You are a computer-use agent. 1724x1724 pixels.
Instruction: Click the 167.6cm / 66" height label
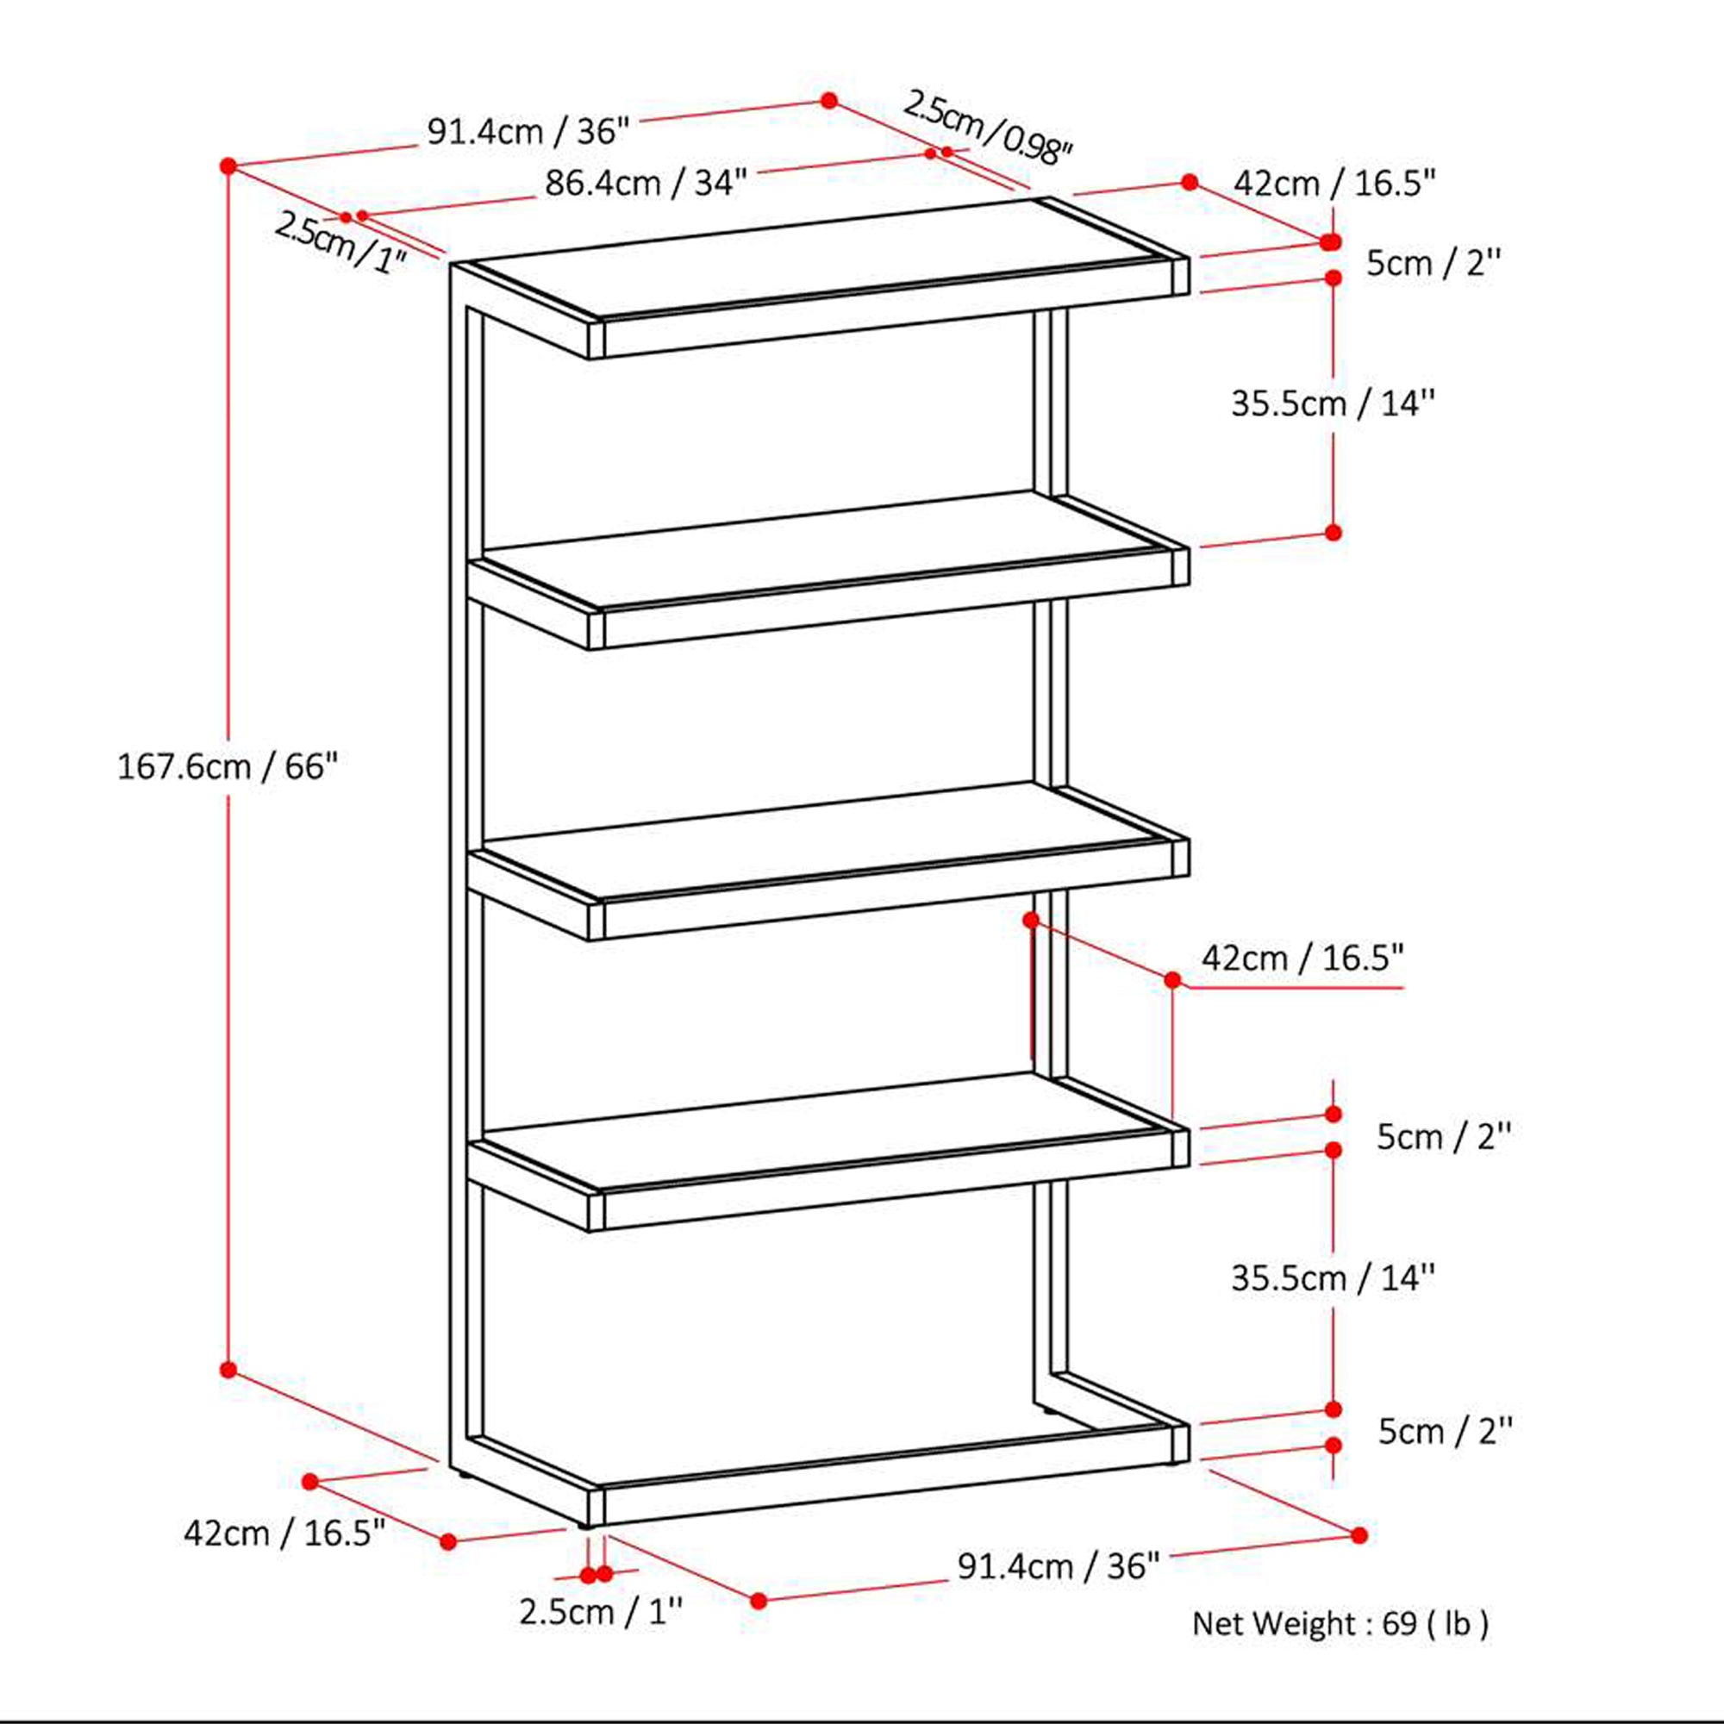pos(228,766)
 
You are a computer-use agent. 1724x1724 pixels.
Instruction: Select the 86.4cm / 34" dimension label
pos(645,184)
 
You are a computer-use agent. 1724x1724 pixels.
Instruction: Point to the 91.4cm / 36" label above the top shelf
pos(528,132)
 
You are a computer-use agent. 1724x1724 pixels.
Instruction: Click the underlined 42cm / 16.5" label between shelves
pos(1302,959)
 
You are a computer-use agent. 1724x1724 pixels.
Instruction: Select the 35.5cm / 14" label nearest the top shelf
pos(1334,404)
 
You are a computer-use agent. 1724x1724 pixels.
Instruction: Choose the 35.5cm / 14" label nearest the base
pos(1334,1278)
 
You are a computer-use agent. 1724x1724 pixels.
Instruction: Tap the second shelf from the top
pos(821,550)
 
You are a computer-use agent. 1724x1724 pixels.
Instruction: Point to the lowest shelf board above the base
pos(821,1132)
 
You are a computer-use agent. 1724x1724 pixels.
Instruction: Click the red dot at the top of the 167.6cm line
pos(228,166)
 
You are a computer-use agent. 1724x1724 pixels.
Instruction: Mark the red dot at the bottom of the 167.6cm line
pos(228,1369)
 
